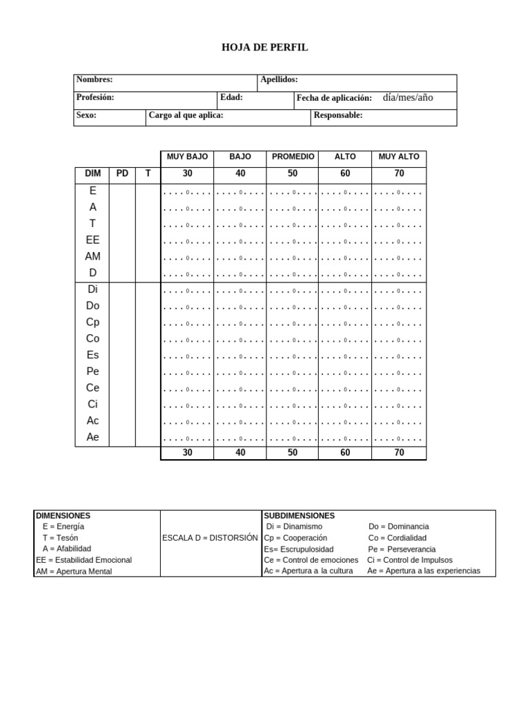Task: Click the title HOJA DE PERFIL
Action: (x=264, y=48)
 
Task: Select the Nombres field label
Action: (x=95, y=80)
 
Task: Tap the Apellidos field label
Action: (x=279, y=80)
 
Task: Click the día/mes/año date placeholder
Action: (x=408, y=97)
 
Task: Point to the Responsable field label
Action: (x=337, y=115)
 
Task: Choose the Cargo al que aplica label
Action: (x=186, y=115)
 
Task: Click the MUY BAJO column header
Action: (x=187, y=157)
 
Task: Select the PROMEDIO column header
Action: (x=293, y=157)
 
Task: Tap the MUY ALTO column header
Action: (x=399, y=157)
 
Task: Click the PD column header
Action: (x=122, y=173)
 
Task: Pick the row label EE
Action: (x=92, y=240)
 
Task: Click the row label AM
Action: (x=92, y=257)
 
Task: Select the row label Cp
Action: (x=92, y=322)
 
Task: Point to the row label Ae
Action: (x=92, y=437)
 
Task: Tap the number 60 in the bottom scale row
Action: (x=345, y=453)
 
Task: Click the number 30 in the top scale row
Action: (x=187, y=173)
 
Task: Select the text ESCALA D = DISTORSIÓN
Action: (x=210, y=538)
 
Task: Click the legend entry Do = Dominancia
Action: (x=398, y=527)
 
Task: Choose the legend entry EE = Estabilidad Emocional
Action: (x=84, y=560)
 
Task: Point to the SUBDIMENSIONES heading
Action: (x=299, y=516)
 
